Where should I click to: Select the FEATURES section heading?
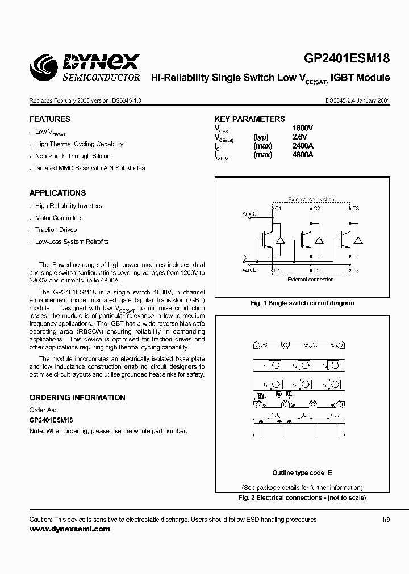50,120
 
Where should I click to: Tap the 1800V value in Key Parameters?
303,128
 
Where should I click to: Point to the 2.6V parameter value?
299,137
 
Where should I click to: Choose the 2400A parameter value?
303,146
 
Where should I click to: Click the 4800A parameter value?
303,154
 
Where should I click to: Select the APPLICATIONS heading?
58,193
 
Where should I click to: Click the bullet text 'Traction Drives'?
56,230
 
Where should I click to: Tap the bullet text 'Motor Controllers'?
59,218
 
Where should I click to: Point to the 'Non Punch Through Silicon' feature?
73,156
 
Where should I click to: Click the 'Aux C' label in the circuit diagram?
249,213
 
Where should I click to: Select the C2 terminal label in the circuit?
316,209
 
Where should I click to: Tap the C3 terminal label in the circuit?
356,209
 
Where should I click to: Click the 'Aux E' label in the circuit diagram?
249,270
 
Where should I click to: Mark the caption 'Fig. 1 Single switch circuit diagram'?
302,303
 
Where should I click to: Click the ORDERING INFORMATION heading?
77,398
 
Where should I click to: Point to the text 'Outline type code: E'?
302,472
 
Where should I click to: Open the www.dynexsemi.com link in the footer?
70,529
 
